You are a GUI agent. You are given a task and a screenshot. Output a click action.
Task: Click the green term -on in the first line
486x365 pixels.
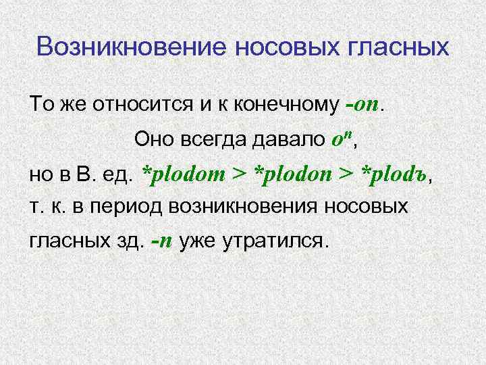362,105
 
